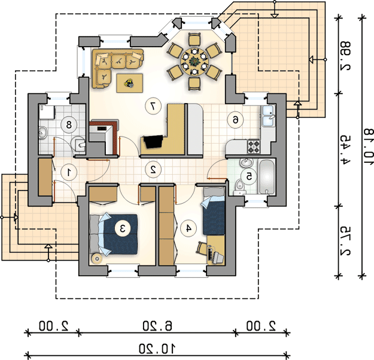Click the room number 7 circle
coord(153,107)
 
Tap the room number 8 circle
coord(69,125)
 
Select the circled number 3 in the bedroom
coord(123,228)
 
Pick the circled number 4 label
coord(188,228)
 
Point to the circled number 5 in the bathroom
coord(249,177)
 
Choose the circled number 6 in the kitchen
coord(235,120)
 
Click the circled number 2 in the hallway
coord(153,170)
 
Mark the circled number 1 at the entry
coord(69,172)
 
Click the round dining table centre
coord(194,61)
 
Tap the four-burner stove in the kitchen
coord(254,147)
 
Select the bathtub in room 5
coord(267,177)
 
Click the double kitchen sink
coord(268,116)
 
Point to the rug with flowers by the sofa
coord(129,83)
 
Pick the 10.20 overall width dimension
coord(157,349)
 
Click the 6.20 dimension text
coord(157,326)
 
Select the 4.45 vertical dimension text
coord(345,150)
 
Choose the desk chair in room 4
coord(202,248)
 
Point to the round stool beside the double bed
coord(97,258)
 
